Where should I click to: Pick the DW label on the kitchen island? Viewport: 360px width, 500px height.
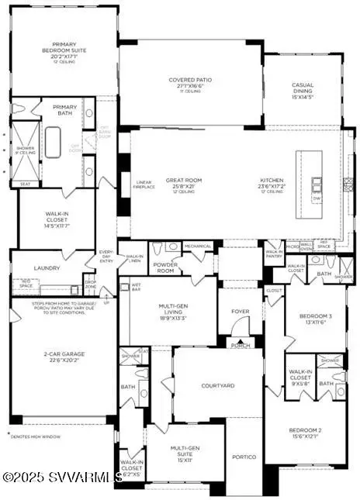[317, 198]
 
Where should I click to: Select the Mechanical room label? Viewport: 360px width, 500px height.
[198, 247]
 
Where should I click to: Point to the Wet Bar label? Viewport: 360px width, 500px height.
[137, 286]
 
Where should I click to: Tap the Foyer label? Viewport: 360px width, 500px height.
[240, 312]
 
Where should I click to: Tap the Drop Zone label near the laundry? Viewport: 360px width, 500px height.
[91, 285]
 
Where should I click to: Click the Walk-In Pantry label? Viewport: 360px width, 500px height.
[275, 254]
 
